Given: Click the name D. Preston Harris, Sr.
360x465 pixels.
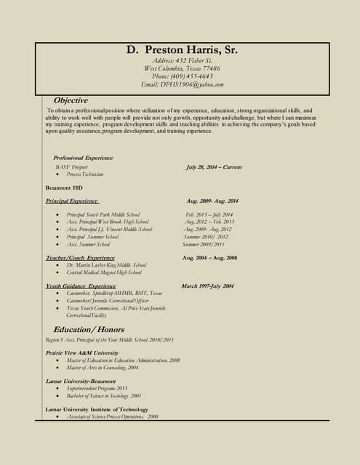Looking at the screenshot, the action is (x=183, y=50).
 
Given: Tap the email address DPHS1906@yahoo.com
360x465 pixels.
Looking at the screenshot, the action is (x=183, y=85).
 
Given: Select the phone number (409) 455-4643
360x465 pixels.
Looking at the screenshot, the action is (x=183, y=76).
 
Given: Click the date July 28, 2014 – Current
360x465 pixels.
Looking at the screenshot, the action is (x=214, y=167).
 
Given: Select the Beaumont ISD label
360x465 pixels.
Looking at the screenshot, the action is (x=64, y=187).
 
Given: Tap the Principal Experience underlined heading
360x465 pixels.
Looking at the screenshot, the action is (x=72, y=201).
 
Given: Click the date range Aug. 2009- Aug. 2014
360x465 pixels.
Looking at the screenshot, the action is (x=212, y=201).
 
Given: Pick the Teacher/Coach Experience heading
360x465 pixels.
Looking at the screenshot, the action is (x=80, y=258).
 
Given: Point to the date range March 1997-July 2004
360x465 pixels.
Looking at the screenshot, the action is (x=207, y=286).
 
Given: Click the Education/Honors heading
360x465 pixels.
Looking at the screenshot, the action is (x=89, y=329).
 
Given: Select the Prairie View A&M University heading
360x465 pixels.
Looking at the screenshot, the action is (x=81, y=353).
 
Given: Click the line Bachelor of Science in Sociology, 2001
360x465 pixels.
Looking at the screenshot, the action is (x=104, y=396).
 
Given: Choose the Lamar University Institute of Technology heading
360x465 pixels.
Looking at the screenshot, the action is (x=97, y=410).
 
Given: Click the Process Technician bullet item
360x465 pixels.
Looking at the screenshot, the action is (x=85, y=174).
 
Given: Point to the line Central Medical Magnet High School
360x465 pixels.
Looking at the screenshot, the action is (x=104, y=272).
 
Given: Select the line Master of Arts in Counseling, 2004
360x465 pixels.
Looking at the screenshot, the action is (x=103, y=368).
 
